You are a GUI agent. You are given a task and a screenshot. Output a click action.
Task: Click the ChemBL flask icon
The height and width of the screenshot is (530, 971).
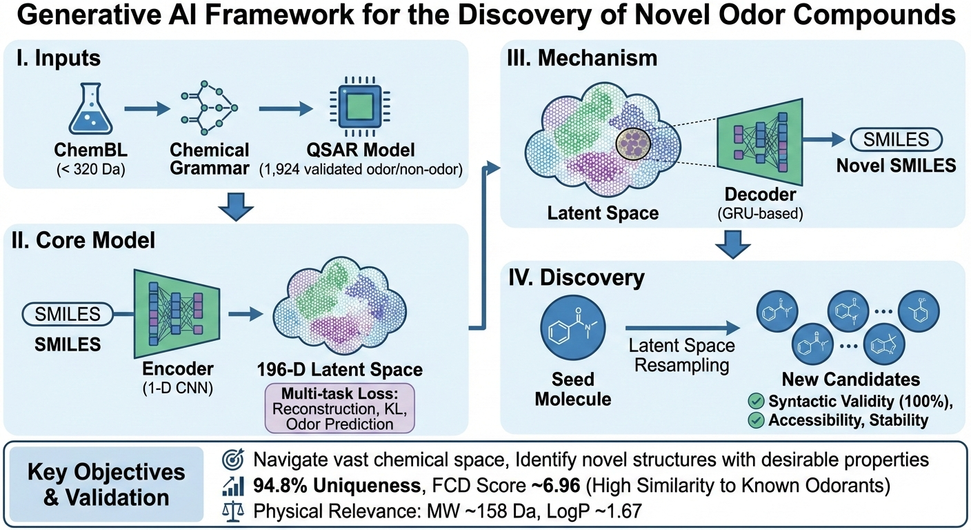90,110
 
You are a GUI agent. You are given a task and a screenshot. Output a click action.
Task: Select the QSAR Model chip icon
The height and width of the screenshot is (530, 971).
357,109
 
